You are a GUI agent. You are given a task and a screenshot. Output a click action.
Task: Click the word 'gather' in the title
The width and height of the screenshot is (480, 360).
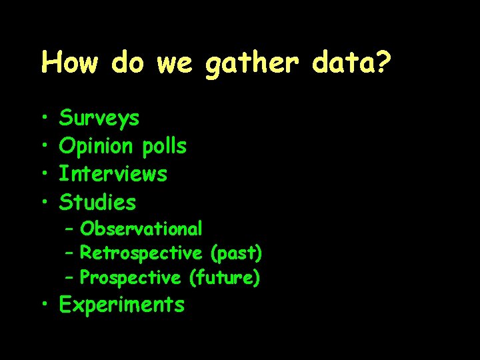tap(250, 64)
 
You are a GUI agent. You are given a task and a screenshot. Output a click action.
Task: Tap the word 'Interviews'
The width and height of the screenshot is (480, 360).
tap(113, 174)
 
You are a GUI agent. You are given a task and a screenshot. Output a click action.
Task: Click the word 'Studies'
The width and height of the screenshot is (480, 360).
tap(97, 201)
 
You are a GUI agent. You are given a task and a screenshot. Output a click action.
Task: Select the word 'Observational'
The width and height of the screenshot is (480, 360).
tap(141, 229)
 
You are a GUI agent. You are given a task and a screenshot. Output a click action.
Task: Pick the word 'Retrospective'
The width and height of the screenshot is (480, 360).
tap(141, 253)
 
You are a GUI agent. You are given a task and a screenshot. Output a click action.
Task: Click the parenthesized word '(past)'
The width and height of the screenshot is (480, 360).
tap(236, 254)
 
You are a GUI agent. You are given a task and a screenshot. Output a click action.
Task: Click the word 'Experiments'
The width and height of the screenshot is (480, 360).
tap(121, 305)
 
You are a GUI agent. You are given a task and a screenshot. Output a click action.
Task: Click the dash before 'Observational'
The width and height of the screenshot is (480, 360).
tap(70, 229)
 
